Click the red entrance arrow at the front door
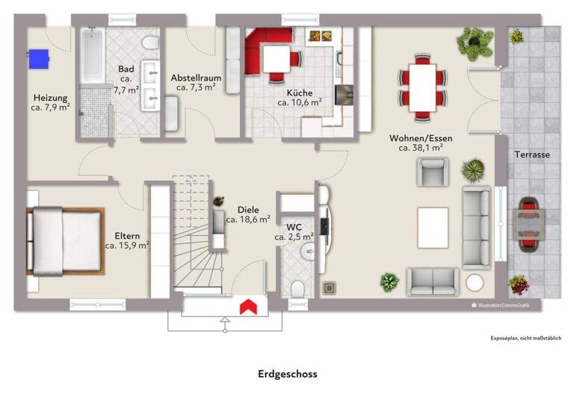[247, 306]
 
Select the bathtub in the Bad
[93, 57]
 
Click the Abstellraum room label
[196, 78]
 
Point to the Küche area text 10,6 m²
[300, 103]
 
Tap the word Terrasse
[532, 155]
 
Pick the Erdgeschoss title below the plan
[288, 374]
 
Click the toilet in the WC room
[298, 289]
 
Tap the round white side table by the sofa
[475, 283]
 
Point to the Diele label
[248, 210]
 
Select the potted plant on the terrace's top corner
[517, 34]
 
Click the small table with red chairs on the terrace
[529, 222]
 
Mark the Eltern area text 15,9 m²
[127, 244]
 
